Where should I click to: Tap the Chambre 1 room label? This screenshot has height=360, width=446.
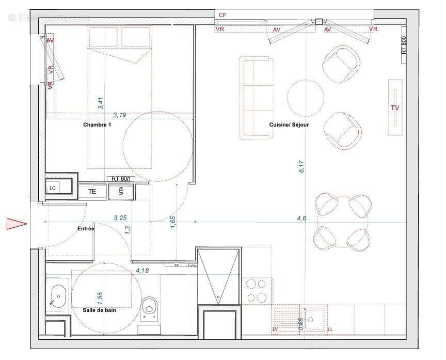click(97, 125)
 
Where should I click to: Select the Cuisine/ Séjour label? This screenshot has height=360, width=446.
click(289, 125)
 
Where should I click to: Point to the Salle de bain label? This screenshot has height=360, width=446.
click(100, 310)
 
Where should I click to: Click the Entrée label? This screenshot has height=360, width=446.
click(86, 228)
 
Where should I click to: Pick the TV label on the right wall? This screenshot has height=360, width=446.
click(395, 108)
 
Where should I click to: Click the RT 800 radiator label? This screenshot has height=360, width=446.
click(404, 45)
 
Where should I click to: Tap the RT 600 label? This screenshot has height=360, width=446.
click(121, 179)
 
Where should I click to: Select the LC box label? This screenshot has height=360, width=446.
click(53, 187)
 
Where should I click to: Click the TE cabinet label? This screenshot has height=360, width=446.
click(92, 191)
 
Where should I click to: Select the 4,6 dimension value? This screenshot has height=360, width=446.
click(301, 218)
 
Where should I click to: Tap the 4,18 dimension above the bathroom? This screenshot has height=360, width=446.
click(143, 270)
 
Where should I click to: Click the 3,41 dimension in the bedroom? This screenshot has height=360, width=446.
click(101, 103)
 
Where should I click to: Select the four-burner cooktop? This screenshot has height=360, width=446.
click(257, 290)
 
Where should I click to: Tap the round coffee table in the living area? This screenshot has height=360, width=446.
click(306, 97)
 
